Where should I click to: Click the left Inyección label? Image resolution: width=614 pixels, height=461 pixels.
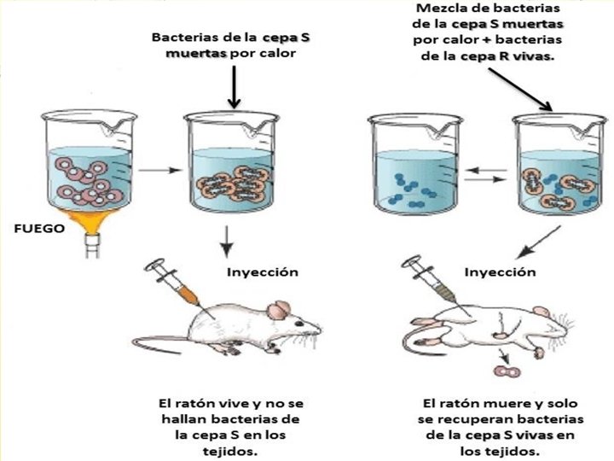coord(263,272)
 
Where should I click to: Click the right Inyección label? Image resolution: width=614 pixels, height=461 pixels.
coord(500,272)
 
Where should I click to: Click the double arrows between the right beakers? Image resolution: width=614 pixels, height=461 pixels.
coord(483,173)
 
